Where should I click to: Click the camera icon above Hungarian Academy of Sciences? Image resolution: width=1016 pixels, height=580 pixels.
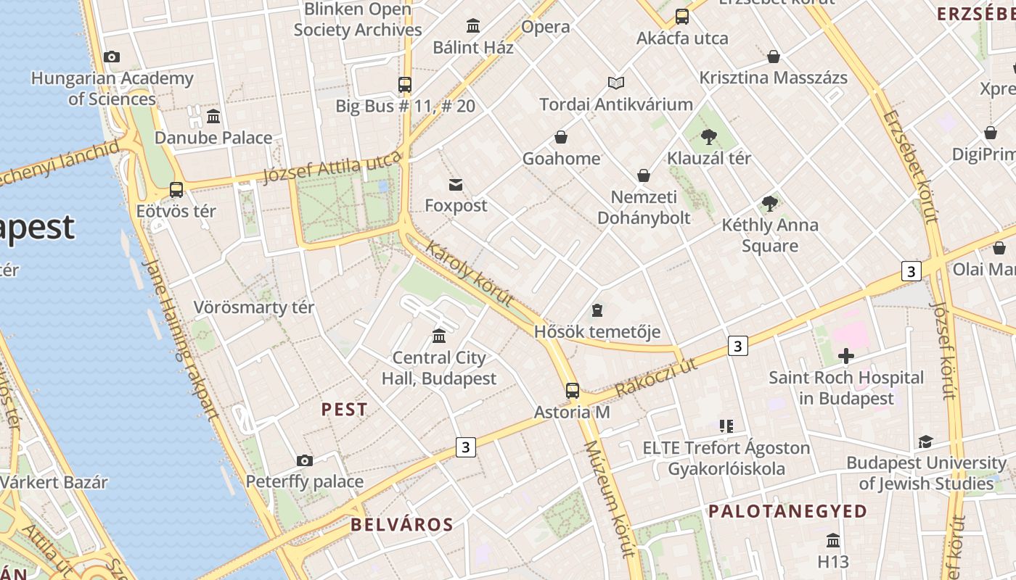click(x=112, y=57)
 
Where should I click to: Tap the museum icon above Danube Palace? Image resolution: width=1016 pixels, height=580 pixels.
click(x=213, y=116)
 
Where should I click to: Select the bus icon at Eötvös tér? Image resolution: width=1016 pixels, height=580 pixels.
click(x=176, y=190)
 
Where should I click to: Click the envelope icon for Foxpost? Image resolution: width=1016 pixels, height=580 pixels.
click(x=456, y=184)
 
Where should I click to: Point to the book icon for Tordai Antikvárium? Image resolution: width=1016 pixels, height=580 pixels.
click(x=616, y=83)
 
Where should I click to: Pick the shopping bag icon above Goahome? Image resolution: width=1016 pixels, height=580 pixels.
click(x=561, y=137)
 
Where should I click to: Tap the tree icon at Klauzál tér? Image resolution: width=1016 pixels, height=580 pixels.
click(x=709, y=136)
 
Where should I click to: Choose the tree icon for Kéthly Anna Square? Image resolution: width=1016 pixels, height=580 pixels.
click(x=770, y=204)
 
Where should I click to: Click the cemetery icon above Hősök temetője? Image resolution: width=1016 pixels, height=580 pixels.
click(x=597, y=310)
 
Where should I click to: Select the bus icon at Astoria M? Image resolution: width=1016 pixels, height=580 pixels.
click(x=573, y=391)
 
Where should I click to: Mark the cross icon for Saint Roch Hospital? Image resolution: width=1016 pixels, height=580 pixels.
click(x=846, y=356)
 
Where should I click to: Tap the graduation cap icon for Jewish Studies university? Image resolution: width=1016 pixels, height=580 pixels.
click(x=925, y=442)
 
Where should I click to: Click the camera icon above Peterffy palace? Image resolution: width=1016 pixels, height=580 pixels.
click(x=305, y=460)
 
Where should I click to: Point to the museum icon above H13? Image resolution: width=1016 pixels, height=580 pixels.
click(x=833, y=541)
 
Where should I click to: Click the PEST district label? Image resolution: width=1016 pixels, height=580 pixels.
click(x=344, y=410)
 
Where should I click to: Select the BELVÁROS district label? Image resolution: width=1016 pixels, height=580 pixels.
click(x=402, y=525)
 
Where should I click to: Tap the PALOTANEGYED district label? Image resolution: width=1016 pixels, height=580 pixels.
click(x=787, y=511)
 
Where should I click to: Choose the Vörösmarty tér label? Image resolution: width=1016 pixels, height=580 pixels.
click(x=254, y=307)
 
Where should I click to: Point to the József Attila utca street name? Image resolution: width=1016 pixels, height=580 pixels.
click(x=332, y=168)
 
